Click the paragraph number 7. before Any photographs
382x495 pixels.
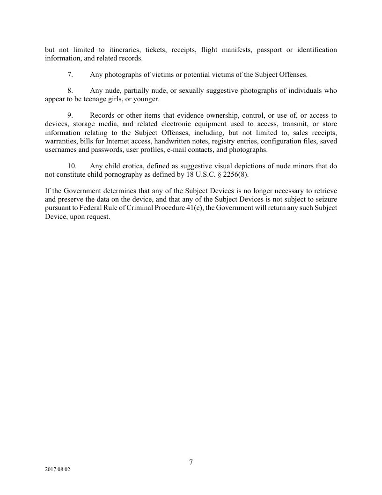[x=70, y=75]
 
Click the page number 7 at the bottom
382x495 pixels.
[x=191, y=462]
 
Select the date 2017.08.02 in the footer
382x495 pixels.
[x=58, y=469]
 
